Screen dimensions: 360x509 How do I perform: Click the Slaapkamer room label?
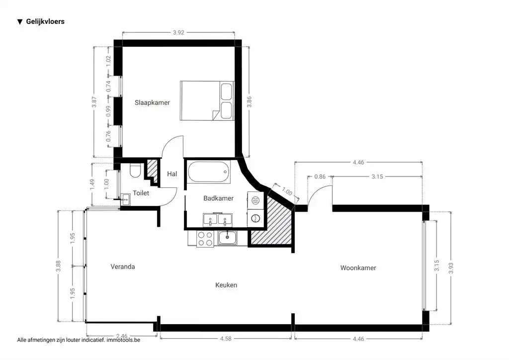[x=152, y=103]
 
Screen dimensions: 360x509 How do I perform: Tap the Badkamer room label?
[x=218, y=198]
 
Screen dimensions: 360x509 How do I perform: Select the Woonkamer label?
[x=358, y=268]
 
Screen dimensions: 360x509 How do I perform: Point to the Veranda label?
[x=122, y=267]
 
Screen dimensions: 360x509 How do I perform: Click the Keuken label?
[x=226, y=285]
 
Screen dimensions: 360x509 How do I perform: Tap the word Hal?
[x=172, y=174]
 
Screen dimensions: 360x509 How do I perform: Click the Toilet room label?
[x=141, y=193]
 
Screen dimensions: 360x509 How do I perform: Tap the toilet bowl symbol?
[x=134, y=172]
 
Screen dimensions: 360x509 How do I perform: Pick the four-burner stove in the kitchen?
[x=205, y=239]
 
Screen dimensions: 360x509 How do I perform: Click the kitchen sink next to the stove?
[x=228, y=238]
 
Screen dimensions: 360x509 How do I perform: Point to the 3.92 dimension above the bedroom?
[x=178, y=33]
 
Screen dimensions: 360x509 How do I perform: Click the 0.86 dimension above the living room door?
[x=321, y=177]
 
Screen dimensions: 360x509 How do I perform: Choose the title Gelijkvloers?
[x=45, y=22]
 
